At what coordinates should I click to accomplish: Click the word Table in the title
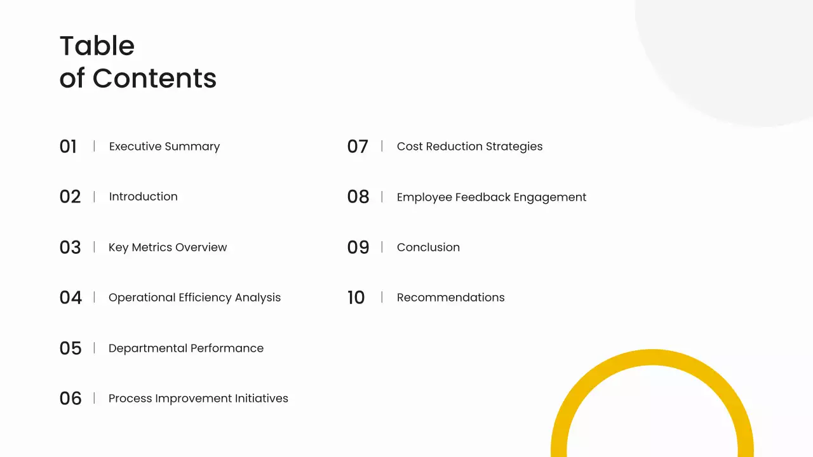coord(97,46)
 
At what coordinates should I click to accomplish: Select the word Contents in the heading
coord(154,78)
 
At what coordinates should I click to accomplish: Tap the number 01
coord(68,147)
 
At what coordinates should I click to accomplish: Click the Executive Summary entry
coord(165,147)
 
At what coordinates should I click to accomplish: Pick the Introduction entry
coord(144,197)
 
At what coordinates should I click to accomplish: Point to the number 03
coord(70,248)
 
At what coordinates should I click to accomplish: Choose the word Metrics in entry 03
coord(151,248)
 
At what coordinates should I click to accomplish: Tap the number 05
coord(71,348)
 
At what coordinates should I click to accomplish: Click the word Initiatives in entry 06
coord(261,398)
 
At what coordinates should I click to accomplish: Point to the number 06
coord(71,398)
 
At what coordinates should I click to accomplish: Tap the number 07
coord(358,147)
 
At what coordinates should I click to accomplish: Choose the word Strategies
coord(514,147)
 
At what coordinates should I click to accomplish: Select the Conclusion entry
coord(428,248)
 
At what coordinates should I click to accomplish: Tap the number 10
coord(356,298)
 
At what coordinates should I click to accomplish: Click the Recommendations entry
coord(451,298)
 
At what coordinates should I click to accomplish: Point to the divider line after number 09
coord(382,247)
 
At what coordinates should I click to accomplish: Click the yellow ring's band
coord(652,357)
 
